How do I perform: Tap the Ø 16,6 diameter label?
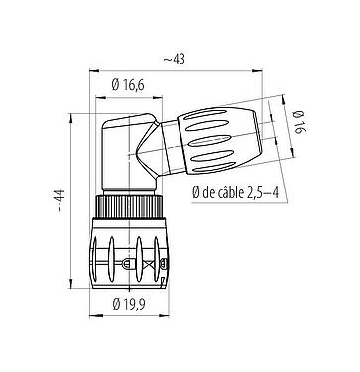point(135,87)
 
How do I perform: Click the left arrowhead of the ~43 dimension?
point(93,70)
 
